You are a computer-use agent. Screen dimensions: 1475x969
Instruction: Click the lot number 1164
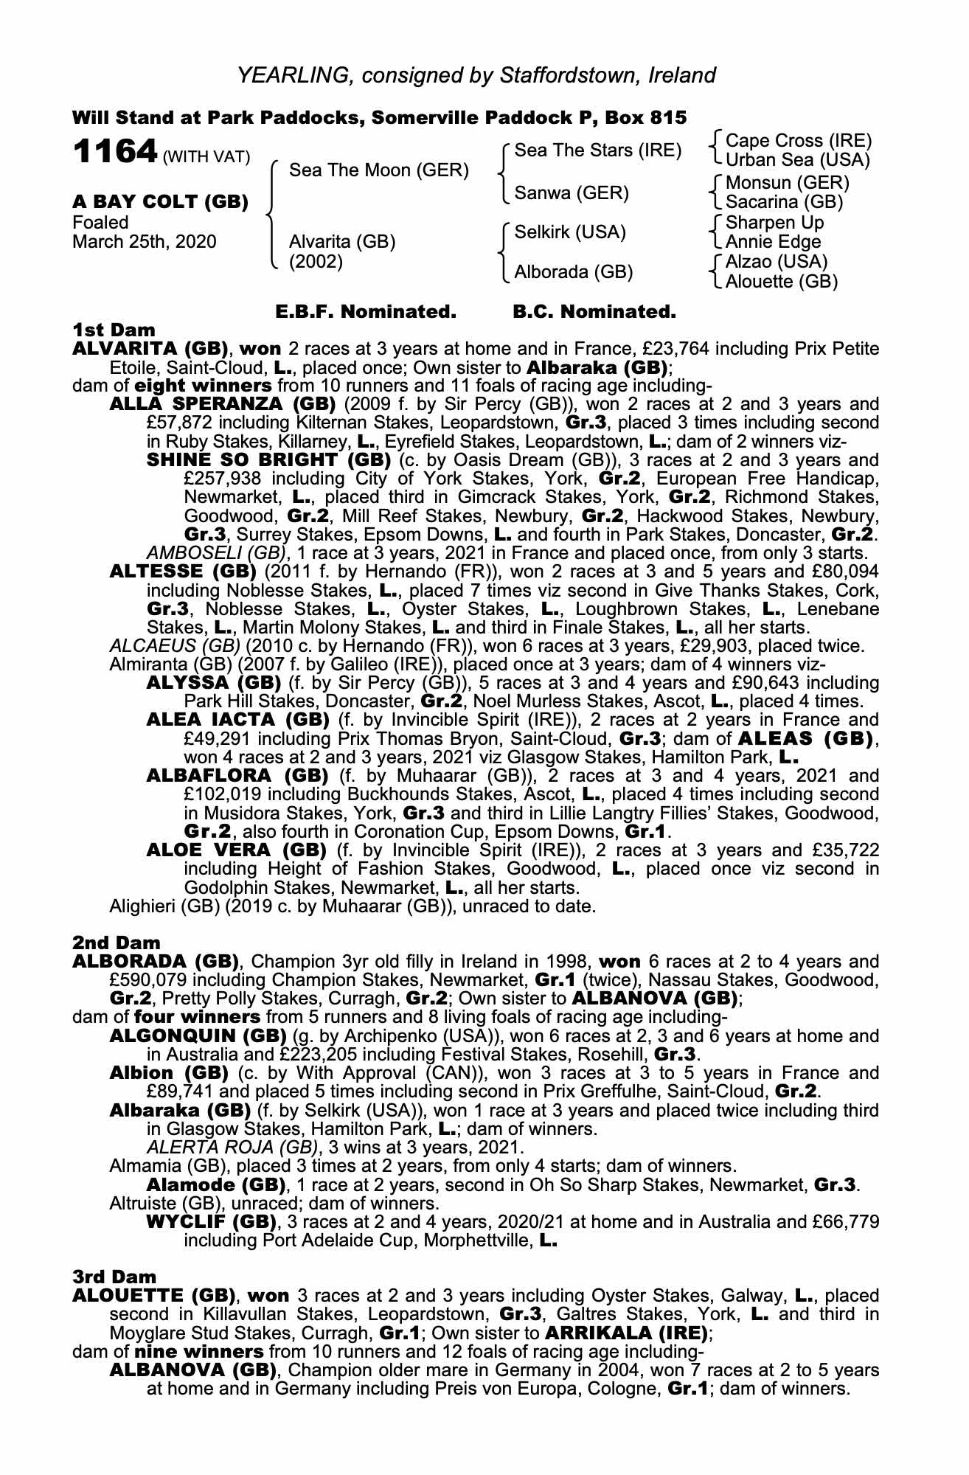tap(115, 152)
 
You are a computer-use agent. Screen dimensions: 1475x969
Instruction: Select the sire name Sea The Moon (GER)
tap(379, 170)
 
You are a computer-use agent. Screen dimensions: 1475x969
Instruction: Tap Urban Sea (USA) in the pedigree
tap(798, 160)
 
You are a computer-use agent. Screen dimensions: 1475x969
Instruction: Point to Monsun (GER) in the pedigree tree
tap(788, 182)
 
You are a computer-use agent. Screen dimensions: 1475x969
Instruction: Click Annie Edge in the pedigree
tap(773, 242)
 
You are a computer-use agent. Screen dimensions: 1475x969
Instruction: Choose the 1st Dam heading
tap(114, 329)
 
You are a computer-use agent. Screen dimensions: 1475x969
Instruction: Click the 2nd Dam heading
tap(116, 943)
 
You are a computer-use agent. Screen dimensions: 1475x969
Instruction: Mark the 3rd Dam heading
tap(114, 1277)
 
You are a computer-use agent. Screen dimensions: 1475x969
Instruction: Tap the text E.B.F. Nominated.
tap(365, 312)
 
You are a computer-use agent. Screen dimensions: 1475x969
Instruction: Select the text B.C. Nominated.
tap(594, 312)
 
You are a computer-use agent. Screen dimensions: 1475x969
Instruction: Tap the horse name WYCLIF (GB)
tap(214, 1221)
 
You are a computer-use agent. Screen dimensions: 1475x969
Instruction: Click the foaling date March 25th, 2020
tap(145, 242)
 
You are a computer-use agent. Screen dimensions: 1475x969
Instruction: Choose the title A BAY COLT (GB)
tap(160, 202)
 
